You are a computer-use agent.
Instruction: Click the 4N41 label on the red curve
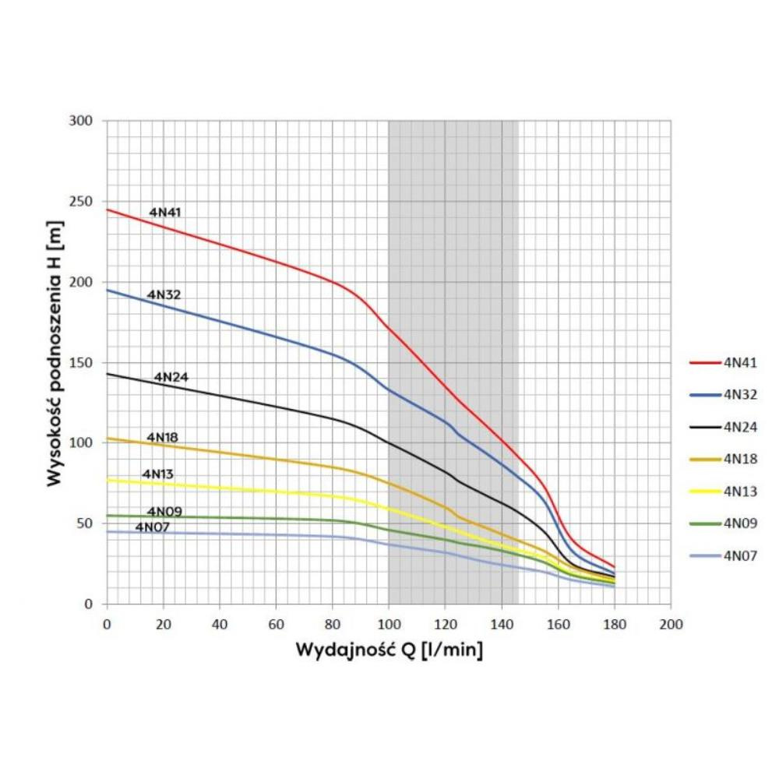165,212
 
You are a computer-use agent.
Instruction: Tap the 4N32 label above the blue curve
164,294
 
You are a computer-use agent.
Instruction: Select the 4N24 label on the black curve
171,377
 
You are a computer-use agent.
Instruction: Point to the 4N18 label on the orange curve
162,438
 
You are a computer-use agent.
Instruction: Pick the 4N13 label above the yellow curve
157,474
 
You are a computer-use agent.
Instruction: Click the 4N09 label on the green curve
164,512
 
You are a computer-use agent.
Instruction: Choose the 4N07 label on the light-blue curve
153,527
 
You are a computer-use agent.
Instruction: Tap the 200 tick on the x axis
671,624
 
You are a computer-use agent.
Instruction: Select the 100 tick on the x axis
389,624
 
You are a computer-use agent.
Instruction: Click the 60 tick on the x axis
276,624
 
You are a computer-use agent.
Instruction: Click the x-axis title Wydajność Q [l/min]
389,650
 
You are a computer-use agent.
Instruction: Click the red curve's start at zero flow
108,210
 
